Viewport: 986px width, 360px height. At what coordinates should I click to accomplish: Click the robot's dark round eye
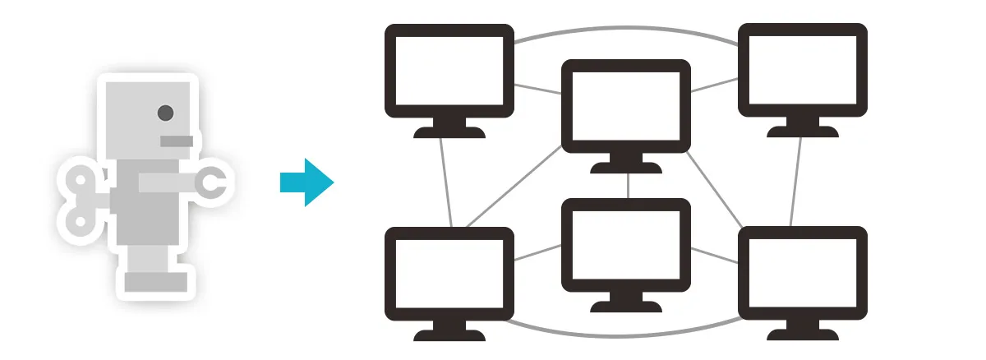coord(165,113)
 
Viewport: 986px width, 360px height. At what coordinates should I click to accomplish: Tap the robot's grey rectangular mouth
coord(177,141)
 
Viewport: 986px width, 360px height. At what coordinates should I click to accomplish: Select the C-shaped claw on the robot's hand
coord(214,183)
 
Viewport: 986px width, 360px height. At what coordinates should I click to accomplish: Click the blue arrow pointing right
coord(306,182)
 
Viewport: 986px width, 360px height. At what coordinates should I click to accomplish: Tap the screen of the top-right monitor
coord(803,71)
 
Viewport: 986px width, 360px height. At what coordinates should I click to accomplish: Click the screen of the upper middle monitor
coord(626,107)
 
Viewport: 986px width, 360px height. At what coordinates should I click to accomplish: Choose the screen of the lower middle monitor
coord(626,246)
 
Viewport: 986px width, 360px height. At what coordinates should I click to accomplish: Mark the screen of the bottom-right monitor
coord(803,275)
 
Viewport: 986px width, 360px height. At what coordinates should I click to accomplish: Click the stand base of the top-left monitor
coord(449,132)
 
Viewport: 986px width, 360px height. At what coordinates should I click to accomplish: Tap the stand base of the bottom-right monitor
coord(803,335)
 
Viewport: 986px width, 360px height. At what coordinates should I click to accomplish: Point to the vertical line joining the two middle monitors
coord(628,186)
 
